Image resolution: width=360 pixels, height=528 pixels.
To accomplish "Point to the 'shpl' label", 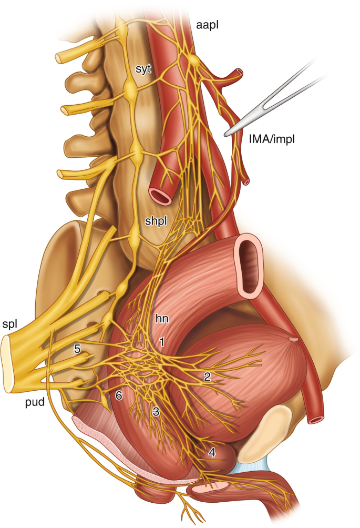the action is (156, 221).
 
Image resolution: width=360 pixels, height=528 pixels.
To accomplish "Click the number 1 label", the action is (162, 342).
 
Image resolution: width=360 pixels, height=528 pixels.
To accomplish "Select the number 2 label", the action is (207, 376).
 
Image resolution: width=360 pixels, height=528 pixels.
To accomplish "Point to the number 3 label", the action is (156, 412).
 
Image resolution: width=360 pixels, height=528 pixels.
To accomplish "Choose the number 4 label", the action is (211, 451).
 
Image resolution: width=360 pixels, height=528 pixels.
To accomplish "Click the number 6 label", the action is (119, 396).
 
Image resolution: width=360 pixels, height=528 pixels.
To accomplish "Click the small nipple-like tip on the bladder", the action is (293, 341).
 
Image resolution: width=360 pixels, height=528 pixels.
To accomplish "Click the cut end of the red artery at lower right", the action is (315, 420).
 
